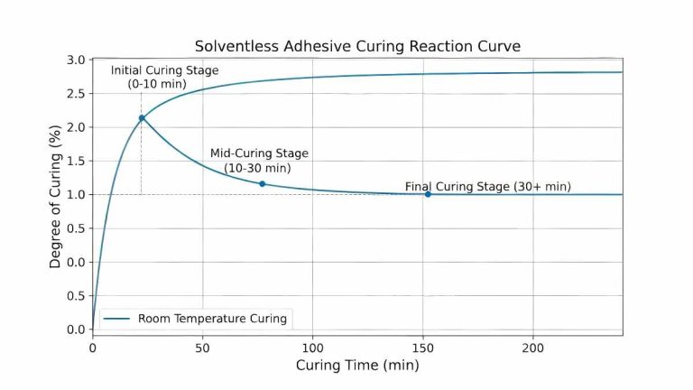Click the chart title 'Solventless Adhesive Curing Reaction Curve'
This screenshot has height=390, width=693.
pos(358,46)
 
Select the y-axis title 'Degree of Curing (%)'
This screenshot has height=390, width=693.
pos(55,196)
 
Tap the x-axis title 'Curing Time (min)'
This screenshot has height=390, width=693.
pos(357,366)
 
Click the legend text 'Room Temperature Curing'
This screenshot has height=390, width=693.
pos(213,319)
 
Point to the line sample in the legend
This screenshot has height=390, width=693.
pos(117,319)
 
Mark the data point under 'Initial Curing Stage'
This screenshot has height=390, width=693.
pos(142,118)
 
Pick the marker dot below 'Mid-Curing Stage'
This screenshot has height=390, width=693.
pos(263,184)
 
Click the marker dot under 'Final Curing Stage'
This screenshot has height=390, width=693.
pos(428,194)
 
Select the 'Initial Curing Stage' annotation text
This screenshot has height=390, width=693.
pos(164,70)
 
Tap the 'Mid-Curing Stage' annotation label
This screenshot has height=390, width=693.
pos(257,153)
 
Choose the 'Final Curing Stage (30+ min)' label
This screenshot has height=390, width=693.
pos(487,187)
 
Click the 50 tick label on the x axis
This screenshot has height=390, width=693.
pos(202,348)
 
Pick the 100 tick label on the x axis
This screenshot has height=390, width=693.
pos(312,348)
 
